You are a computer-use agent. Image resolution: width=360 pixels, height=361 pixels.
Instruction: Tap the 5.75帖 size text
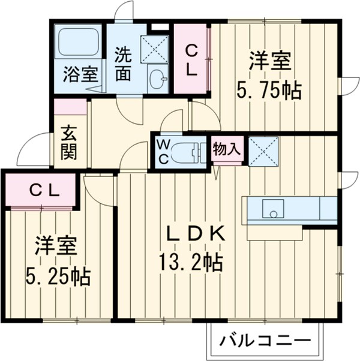(269, 91)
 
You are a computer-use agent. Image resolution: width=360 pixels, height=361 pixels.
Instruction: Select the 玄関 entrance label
(68, 142)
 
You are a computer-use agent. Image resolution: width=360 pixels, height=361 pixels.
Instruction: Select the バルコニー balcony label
(265, 343)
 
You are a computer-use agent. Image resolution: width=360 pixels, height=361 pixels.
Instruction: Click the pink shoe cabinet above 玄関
(70, 107)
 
